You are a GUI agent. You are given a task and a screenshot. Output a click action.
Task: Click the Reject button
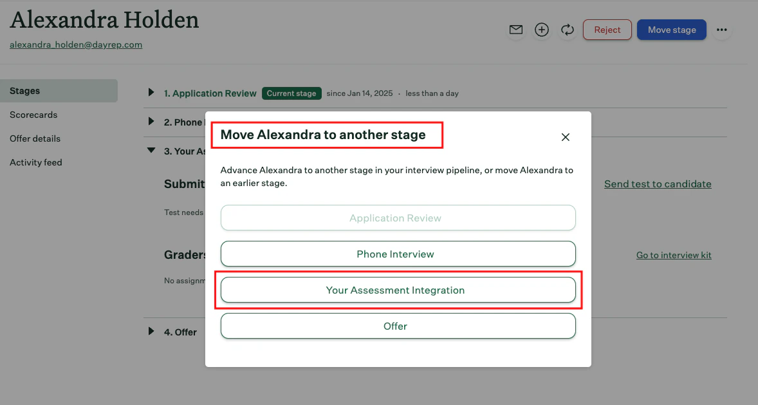point(607,30)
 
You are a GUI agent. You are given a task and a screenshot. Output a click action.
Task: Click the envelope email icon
point(516,30)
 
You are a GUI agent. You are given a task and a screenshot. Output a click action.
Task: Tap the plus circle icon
point(542,30)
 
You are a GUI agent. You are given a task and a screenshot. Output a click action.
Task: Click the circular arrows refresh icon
point(567,30)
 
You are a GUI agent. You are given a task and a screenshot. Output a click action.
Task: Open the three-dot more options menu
point(722,30)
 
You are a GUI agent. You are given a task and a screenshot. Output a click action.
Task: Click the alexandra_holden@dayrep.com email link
point(76,45)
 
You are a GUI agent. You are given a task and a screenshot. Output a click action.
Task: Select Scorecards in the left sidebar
point(33,115)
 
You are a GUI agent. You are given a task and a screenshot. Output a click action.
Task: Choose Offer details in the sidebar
point(35,138)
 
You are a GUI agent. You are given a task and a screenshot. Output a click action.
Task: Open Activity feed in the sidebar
point(36,162)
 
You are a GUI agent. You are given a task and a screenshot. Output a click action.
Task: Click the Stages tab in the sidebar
point(25,91)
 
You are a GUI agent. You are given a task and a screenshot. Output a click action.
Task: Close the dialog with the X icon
point(566,137)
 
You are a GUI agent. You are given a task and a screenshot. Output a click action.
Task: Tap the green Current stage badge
point(291,93)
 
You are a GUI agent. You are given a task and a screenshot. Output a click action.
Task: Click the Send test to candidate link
point(658,184)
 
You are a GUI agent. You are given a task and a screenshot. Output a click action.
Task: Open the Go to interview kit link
point(674,255)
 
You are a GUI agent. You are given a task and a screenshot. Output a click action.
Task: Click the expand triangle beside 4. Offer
point(151,332)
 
